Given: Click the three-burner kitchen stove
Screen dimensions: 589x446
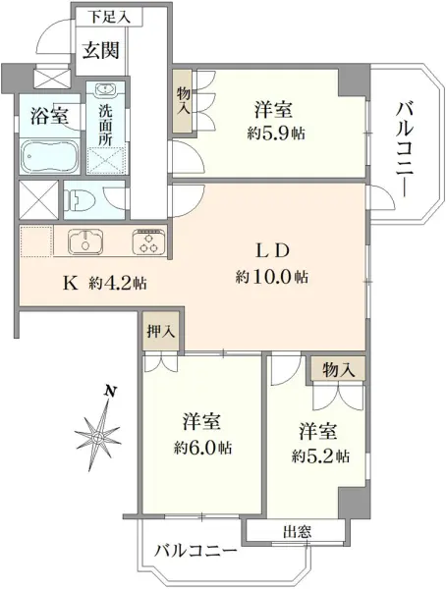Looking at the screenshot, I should (x=149, y=241).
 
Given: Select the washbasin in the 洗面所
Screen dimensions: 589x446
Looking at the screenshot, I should (x=107, y=89).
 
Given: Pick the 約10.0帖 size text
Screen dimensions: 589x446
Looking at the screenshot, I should (x=272, y=278).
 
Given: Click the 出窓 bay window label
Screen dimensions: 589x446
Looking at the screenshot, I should (x=295, y=534).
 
